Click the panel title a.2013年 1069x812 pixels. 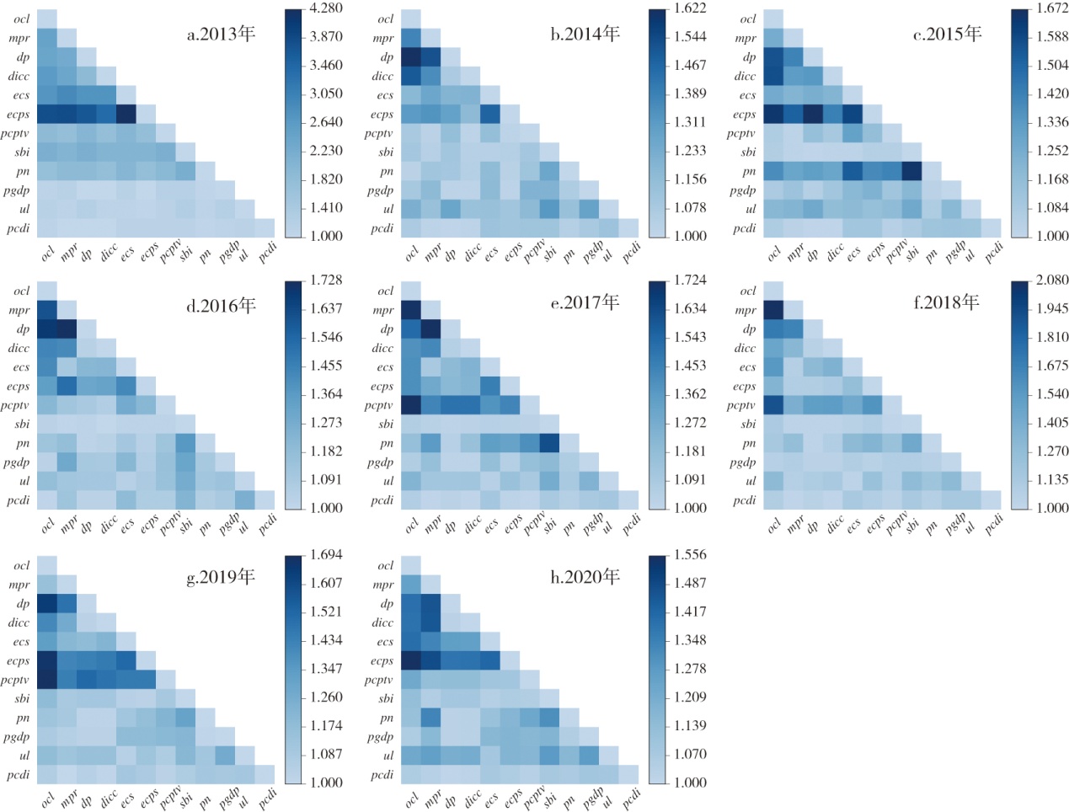[221, 34]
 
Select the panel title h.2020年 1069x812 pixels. [585, 577]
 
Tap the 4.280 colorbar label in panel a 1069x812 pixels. [326, 8]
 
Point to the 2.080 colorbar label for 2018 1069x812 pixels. [1052, 280]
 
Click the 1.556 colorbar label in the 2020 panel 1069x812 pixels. [690, 554]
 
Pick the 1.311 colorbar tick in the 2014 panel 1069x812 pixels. [690, 122]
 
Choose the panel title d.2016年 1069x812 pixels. [221, 306]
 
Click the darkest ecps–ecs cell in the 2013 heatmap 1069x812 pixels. [126, 114]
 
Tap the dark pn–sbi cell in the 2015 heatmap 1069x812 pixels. [911, 171]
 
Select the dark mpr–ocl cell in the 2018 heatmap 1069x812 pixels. [773, 310]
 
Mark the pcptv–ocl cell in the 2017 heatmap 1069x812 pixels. [411, 405]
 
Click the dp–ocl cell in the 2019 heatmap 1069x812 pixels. [46, 603]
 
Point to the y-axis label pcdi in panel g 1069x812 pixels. [19, 775]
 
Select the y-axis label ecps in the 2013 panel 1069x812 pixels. [18, 115]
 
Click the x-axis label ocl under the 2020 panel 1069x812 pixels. [412, 798]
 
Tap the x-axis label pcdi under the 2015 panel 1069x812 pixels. [994, 249]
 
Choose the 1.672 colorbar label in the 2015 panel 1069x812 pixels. [1052, 8]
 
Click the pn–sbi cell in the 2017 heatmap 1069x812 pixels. [548, 443]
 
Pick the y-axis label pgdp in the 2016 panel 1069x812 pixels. [16, 462]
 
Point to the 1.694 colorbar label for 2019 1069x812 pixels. [326, 554]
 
